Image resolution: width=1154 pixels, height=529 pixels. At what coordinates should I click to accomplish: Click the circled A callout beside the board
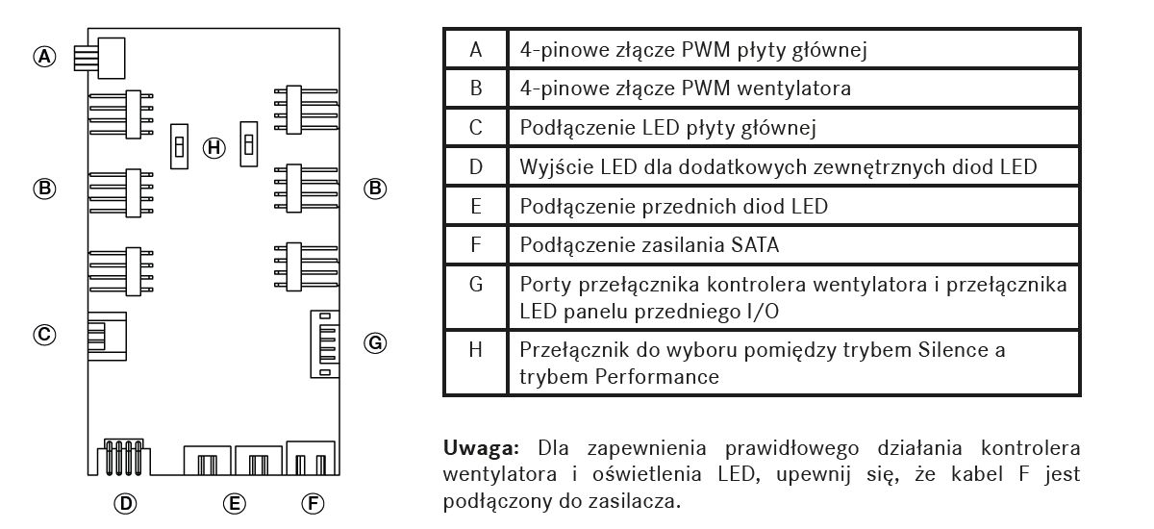point(44,56)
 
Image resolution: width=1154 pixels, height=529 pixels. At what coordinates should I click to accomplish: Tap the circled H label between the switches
point(213,148)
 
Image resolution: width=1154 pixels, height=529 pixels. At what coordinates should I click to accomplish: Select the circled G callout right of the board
point(375,343)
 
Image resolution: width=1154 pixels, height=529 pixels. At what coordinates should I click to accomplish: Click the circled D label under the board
point(125,503)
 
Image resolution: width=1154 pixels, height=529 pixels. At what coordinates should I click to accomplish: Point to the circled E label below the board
point(235,503)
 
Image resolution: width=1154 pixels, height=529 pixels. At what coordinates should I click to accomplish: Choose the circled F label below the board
point(313,503)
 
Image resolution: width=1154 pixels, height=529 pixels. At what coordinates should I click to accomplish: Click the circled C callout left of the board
point(44,335)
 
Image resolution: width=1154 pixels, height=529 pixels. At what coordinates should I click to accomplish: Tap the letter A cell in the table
point(475,49)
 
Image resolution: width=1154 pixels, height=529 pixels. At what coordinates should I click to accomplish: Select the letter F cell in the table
point(475,244)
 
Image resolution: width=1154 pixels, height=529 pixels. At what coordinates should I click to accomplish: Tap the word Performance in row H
point(657,377)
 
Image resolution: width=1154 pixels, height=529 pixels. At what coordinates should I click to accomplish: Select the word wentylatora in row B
point(794,88)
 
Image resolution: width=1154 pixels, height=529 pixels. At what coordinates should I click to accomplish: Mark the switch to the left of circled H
point(179,146)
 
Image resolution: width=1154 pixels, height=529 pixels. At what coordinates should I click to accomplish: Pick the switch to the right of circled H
point(249,144)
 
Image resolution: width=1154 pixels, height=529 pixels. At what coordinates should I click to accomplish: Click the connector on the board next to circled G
point(325,344)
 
